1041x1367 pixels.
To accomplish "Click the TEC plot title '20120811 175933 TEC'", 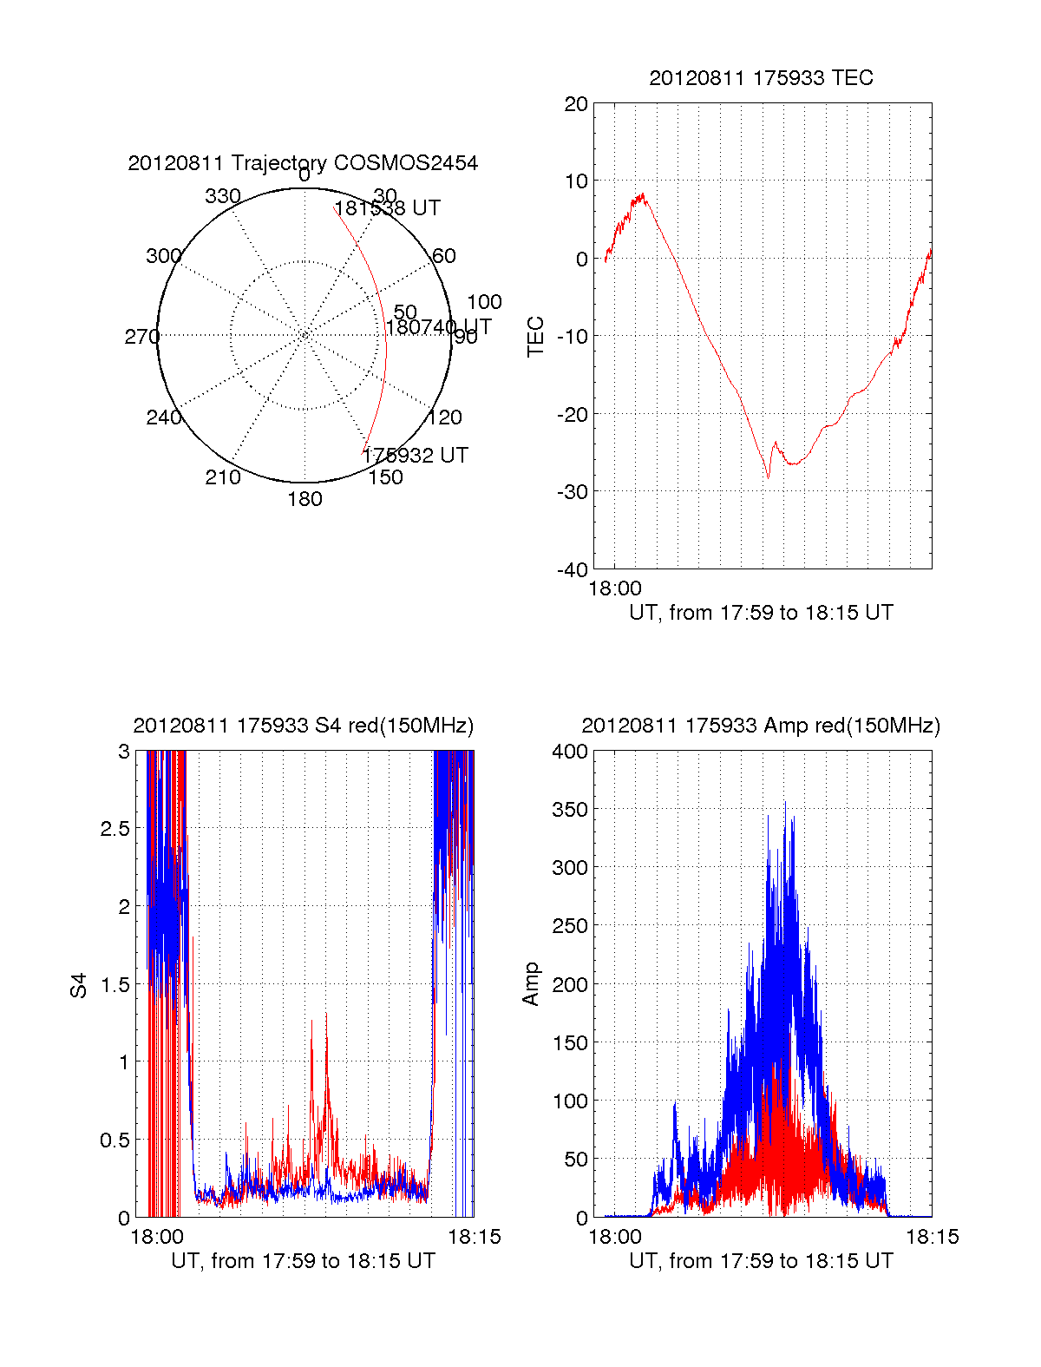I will point(761,78).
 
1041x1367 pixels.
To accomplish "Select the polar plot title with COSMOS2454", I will point(303,163).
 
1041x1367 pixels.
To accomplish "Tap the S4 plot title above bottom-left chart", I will point(303,726).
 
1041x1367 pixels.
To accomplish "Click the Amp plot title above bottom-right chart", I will point(761,726).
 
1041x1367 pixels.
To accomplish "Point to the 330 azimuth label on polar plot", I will point(222,196).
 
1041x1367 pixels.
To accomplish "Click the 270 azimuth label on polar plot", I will point(141,337).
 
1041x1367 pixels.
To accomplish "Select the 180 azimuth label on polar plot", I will point(304,499).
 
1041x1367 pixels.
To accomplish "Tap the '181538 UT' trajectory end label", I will point(387,208).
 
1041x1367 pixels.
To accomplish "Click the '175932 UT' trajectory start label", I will point(415,456).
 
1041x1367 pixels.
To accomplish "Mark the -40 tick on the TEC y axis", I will point(572,569).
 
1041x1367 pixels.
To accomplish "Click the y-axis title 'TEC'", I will point(536,337).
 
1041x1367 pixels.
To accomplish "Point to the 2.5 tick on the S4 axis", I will point(115,829).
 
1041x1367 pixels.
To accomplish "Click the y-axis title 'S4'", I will point(79,986).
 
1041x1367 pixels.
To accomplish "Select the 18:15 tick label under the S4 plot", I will point(474,1237).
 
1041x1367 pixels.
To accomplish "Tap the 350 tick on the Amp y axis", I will point(570,810).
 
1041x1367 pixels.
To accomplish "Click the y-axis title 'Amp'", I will point(531,984).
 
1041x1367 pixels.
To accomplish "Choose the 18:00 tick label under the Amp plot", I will point(615,1237).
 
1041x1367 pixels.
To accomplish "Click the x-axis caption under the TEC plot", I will point(761,613).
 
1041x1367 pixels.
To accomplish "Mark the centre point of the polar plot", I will point(304,335).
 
